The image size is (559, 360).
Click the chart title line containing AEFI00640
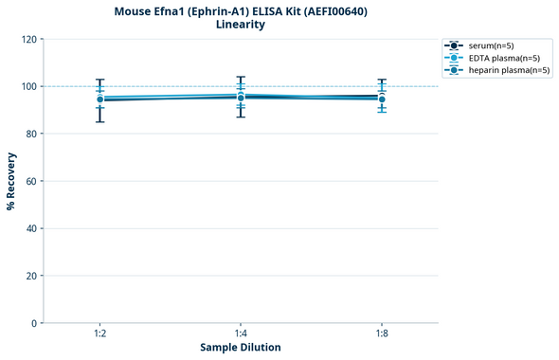pos(240,11)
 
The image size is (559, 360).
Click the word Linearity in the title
pos(240,25)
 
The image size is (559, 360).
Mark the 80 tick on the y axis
pos(31,134)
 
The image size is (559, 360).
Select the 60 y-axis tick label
pos(31,181)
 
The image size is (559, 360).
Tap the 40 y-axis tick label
pos(31,228)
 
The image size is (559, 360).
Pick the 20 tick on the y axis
pos(31,276)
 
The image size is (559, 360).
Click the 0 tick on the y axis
pos(34,323)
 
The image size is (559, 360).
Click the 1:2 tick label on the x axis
pos(99,333)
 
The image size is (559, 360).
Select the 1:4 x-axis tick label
pos(241,333)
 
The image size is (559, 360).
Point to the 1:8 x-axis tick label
pos(382,333)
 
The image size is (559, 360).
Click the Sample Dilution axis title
pos(240,348)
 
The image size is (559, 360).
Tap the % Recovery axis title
pos(11,181)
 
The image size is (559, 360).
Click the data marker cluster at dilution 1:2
pos(99,99)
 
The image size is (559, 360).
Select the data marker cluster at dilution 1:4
pos(241,97)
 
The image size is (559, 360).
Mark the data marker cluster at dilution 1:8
pos(382,98)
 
